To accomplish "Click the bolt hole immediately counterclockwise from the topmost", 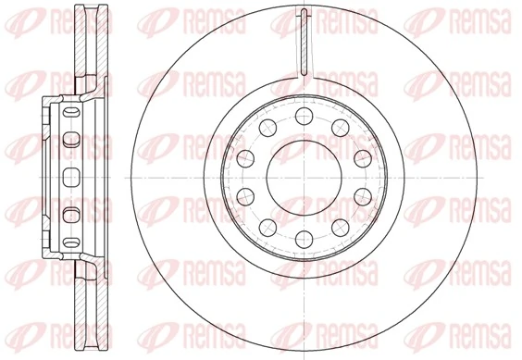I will [x=267, y=127].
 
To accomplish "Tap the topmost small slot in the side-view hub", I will [x=68, y=115].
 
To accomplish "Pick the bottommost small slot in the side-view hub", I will [x=68, y=242].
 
